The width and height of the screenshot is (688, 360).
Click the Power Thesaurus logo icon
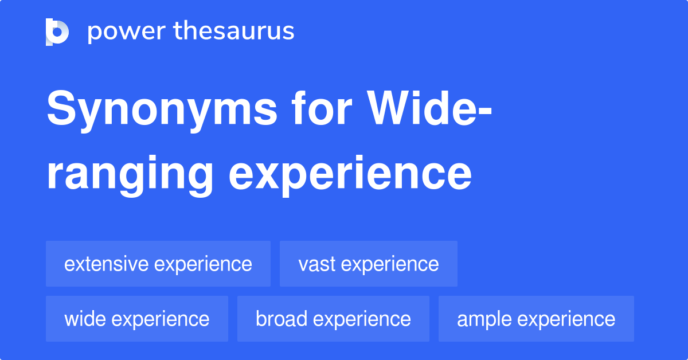tap(57, 32)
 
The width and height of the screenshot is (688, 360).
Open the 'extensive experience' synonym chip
tap(158, 264)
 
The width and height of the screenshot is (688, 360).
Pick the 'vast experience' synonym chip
tap(368, 264)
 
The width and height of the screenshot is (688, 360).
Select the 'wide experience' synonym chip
tap(136, 319)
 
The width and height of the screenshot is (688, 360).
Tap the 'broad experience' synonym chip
tap(333, 319)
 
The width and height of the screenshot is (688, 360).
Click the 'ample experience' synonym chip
tap(536, 319)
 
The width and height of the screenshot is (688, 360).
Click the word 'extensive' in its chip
tap(107, 264)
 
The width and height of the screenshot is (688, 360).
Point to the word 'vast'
tap(318, 264)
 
